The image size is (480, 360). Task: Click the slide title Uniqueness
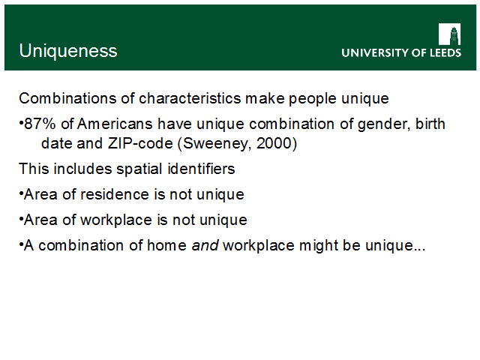click(68, 51)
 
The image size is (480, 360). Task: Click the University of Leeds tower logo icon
click(449, 34)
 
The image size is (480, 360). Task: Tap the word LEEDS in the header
click(445, 53)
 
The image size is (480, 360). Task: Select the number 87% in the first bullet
click(40, 124)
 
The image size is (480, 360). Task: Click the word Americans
click(115, 124)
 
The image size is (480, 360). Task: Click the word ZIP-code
click(140, 143)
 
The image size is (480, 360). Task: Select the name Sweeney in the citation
click(217, 144)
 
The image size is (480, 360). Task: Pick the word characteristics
click(190, 98)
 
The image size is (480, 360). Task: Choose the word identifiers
click(201, 169)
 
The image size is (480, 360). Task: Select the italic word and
click(205, 245)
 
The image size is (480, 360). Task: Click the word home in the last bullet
click(166, 245)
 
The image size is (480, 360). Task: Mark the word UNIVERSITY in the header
click(375, 53)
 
